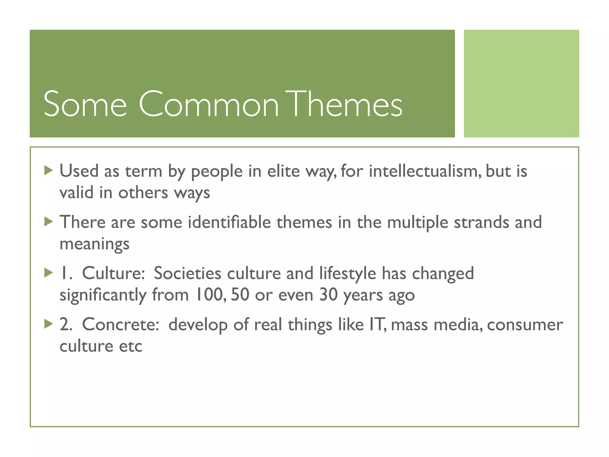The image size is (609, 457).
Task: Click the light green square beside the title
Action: (521, 84)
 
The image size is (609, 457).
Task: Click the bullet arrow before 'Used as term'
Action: (48, 170)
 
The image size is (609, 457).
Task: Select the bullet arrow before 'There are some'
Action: (48, 222)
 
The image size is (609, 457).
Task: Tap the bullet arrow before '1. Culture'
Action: (48, 273)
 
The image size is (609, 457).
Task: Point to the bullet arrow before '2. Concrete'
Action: (48, 324)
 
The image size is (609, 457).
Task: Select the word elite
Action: (283, 171)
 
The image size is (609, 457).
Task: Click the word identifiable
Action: (229, 223)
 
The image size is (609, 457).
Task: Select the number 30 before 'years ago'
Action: (328, 295)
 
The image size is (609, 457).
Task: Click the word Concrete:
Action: (121, 325)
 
